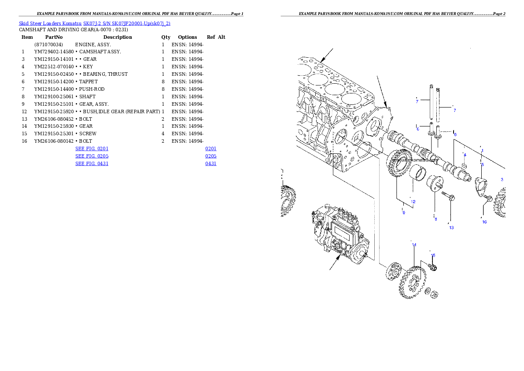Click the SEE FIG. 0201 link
coord(92,149)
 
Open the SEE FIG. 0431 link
coord(92,163)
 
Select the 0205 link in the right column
coord(210,156)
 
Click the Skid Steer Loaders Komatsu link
coord(94,23)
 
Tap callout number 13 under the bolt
coord(451,228)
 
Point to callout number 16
coord(484,222)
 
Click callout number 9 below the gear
coord(403,212)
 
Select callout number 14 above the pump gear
coord(414,245)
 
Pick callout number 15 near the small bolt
coord(433,255)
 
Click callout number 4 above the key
coord(465,155)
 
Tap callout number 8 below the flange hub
coord(435,219)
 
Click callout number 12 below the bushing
coord(413,202)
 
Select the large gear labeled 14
coord(411,282)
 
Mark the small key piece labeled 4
coord(464,164)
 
